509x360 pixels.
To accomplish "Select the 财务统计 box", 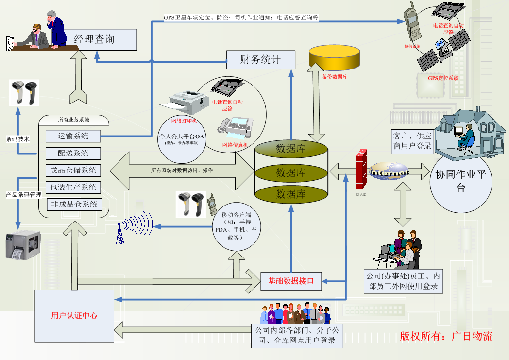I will pos(261,60).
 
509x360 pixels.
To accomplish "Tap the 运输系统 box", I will pos(73,136).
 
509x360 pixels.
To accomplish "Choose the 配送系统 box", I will pos(73,153).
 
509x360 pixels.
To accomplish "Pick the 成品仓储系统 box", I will pos(73,171).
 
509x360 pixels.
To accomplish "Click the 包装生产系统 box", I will pos(73,188).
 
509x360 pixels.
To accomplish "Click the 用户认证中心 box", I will pos(74,316).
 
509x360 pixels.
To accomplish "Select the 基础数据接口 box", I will pos(291,281).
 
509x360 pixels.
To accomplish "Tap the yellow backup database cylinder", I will pos(334,58).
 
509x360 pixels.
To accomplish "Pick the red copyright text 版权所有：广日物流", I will pos(446,336).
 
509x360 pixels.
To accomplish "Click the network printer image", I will pos(186,103).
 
